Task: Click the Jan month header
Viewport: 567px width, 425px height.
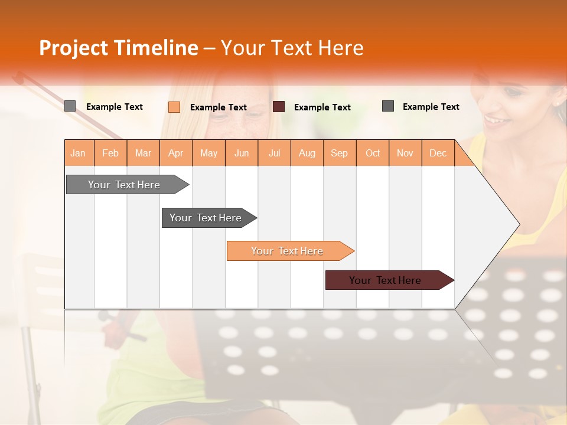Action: (79, 153)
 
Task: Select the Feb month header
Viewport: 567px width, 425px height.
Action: (110, 153)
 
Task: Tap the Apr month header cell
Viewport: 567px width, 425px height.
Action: (176, 153)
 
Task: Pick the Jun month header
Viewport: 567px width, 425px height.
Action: (242, 153)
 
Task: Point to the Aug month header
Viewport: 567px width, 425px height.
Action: (307, 153)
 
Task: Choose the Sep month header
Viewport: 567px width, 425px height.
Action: (340, 153)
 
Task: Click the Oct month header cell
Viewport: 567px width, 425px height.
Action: (373, 153)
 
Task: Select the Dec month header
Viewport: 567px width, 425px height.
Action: (438, 153)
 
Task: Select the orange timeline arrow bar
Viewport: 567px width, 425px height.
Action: (288, 251)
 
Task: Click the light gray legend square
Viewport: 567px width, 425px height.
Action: (70, 106)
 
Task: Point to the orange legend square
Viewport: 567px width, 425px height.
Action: (174, 107)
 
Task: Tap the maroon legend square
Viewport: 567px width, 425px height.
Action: (279, 107)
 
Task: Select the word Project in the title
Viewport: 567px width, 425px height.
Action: (73, 48)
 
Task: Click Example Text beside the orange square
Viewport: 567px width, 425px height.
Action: (219, 107)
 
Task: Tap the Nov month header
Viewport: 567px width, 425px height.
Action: (405, 153)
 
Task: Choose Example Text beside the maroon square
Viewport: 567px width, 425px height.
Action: (322, 107)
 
